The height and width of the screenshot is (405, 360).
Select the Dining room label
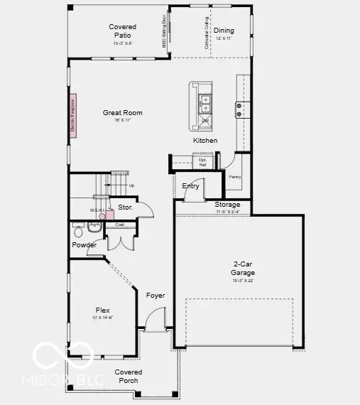point(224,31)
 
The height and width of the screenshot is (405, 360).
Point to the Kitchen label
point(205,141)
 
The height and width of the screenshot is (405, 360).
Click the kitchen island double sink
point(206,104)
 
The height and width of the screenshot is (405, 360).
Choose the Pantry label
point(234,176)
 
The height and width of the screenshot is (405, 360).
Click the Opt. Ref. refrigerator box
point(202,162)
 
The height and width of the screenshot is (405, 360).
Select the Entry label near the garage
point(190,186)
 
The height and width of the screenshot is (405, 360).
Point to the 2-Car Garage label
point(243,267)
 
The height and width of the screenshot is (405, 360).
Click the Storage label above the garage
point(227,205)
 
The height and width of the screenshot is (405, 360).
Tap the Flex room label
point(103,310)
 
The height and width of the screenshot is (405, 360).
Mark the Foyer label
point(156,296)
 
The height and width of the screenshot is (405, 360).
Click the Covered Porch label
point(129,376)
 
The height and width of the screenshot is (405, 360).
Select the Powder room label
point(84,245)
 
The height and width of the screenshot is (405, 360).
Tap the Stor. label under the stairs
point(126,207)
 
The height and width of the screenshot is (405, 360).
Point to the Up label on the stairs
point(131,185)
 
